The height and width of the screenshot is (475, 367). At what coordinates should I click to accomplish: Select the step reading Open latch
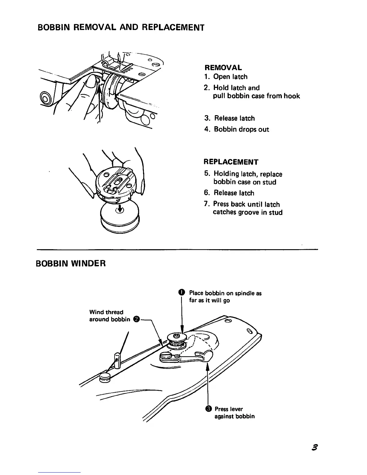click(230, 77)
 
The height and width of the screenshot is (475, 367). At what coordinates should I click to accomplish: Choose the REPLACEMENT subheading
click(231, 162)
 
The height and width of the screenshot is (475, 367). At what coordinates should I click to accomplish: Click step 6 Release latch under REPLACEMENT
click(234, 193)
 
